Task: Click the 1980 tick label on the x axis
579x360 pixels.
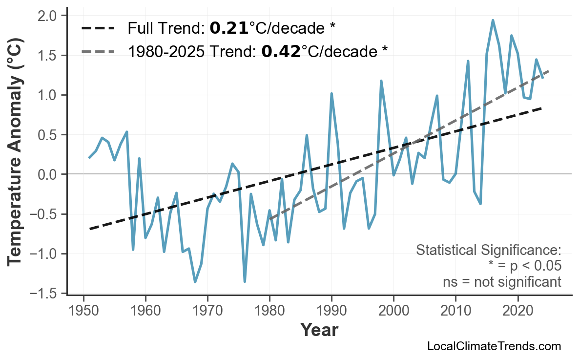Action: pyautogui.click(x=269, y=311)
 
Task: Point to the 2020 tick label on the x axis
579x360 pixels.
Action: pyautogui.click(x=517, y=311)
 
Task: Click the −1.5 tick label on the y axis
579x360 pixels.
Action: pyautogui.click(x=45, y=294)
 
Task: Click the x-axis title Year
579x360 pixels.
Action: pyautogui.click(x=319, y=330)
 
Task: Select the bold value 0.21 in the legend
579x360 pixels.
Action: pyautogui.click(x=228, y=28)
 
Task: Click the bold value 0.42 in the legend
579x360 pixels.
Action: pyautogui.click(x=281, y=51)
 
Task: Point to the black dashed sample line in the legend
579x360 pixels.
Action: pyautogui.click(x=98, y=28)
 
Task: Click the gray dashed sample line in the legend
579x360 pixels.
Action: pyautogui.click(x=98, y=51)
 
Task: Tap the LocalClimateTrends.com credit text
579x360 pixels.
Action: pyautogui.click(x=494, y=346)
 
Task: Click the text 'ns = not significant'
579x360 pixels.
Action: pyautogui.click(x=502, y=282)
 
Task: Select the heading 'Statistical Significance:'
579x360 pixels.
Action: pyautogui.click(x=488, y=250)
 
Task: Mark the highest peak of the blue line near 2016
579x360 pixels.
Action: pyautogui.click(x=493, y=21)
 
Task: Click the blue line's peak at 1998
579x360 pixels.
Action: pyautogui.click(x=381, y=81)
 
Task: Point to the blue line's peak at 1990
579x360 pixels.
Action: pyautogui.click(x=331, y=93)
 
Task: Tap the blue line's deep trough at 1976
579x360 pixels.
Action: pyautogui.click(x=245, y=281)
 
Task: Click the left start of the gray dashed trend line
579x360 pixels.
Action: pyautogui.click(x=270, y=218)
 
